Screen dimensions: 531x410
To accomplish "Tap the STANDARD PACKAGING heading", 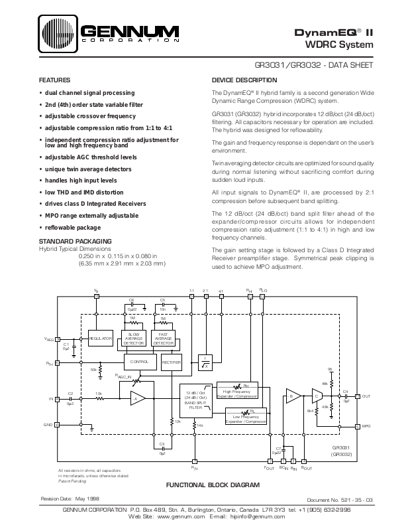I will pos(75,240).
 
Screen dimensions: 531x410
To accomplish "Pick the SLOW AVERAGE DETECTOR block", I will pos(134,339).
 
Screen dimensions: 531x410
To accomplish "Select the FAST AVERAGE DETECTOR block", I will pos(163,339).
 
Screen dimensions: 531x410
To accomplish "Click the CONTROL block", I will pos(139,362).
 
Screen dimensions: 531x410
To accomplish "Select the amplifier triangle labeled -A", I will pos(136,398).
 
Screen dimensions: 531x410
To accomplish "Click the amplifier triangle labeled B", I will pos(291,396).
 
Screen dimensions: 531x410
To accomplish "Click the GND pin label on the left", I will pos(48,424).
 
